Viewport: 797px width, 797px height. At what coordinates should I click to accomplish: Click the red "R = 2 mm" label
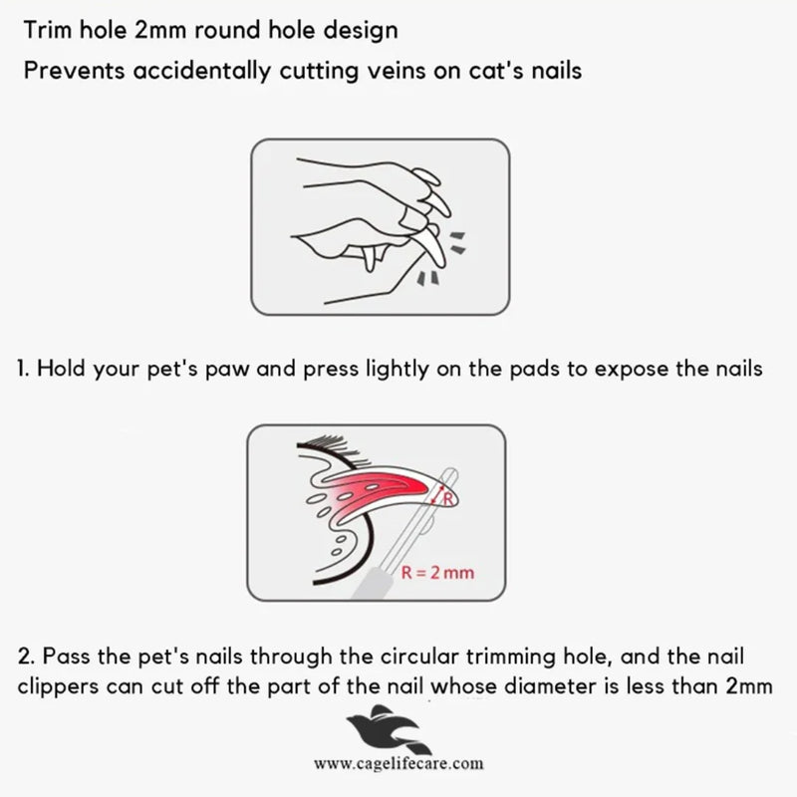pos(437,572)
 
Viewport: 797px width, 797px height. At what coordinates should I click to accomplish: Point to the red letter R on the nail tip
pos(447,500)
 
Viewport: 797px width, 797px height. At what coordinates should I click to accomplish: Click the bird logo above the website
pos(389,729)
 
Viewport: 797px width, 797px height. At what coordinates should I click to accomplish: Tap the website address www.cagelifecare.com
pos(399,763)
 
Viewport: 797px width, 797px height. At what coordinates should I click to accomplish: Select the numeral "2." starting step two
pos(26,656)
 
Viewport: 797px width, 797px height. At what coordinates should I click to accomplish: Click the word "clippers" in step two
pos(58,687)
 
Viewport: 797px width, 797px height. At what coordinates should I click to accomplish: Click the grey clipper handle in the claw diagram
pos(371,584)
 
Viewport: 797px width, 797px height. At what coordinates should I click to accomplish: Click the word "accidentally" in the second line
pos(201,71)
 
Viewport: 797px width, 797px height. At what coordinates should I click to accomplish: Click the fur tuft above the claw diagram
pos(336,448)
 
